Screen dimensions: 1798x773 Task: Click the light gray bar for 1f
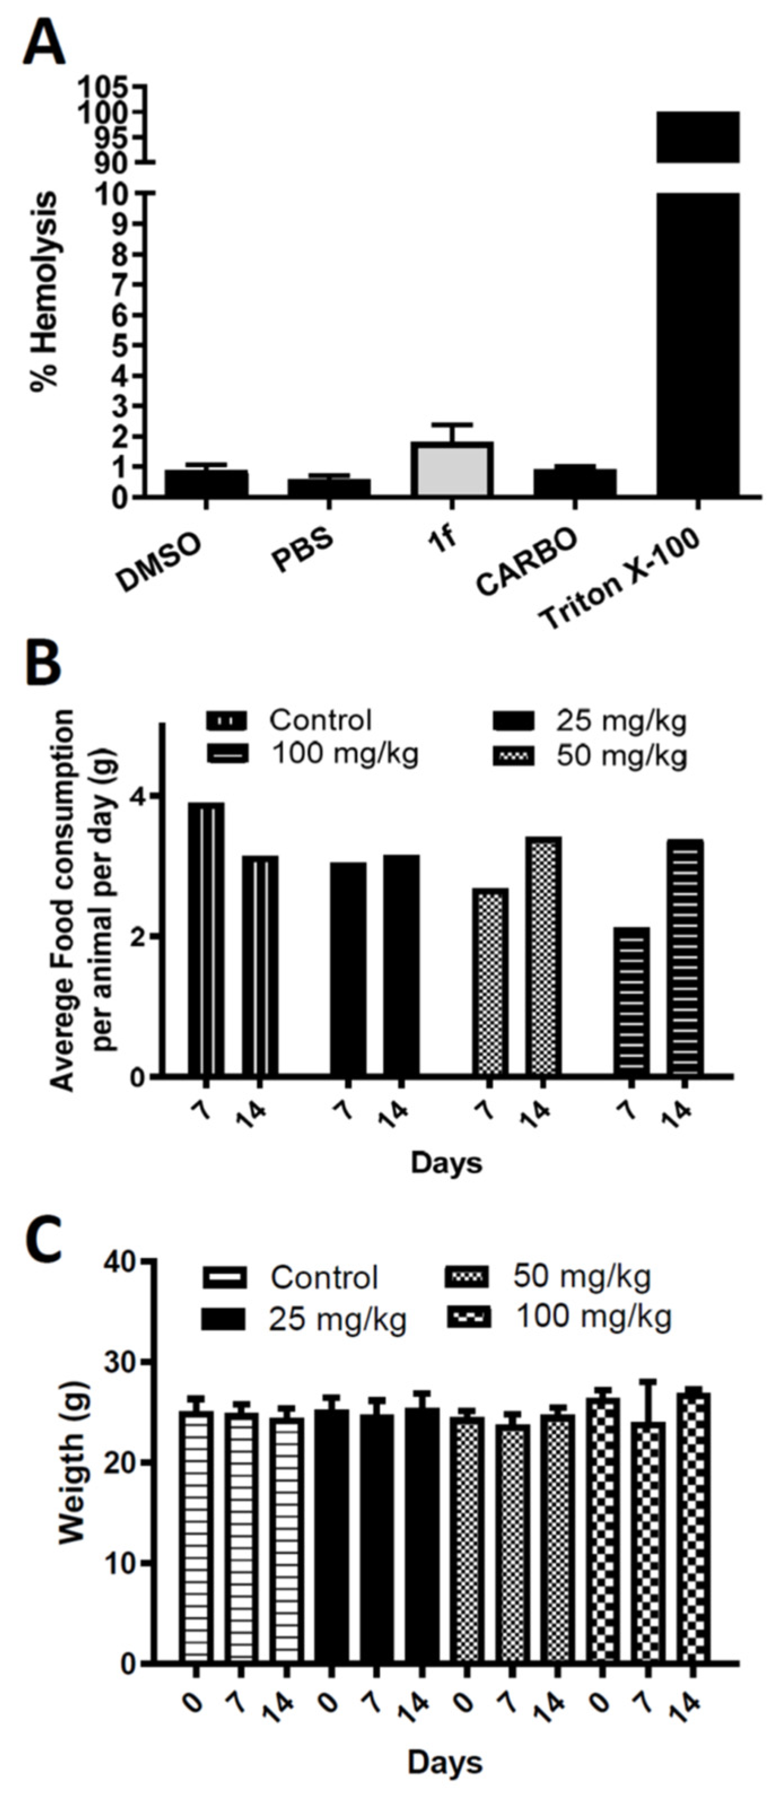[x=451, y=470]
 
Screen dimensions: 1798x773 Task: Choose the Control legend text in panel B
[x=321, y=720]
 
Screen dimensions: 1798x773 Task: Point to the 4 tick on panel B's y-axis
[x=148, y=796]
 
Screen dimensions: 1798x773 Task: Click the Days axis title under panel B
[x=446, y=1163]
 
